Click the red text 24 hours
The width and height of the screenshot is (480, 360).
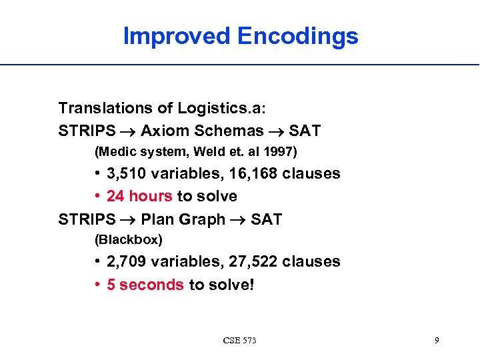pyautogui.click(x=140, y=196)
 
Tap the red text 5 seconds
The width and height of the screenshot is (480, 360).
pyautogui.click(x=145, y=285)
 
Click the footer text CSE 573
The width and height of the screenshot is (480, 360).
pyautogui.click(x=239, y=341)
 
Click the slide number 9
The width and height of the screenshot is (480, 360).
pyautogui.click(x=436, y=341)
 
